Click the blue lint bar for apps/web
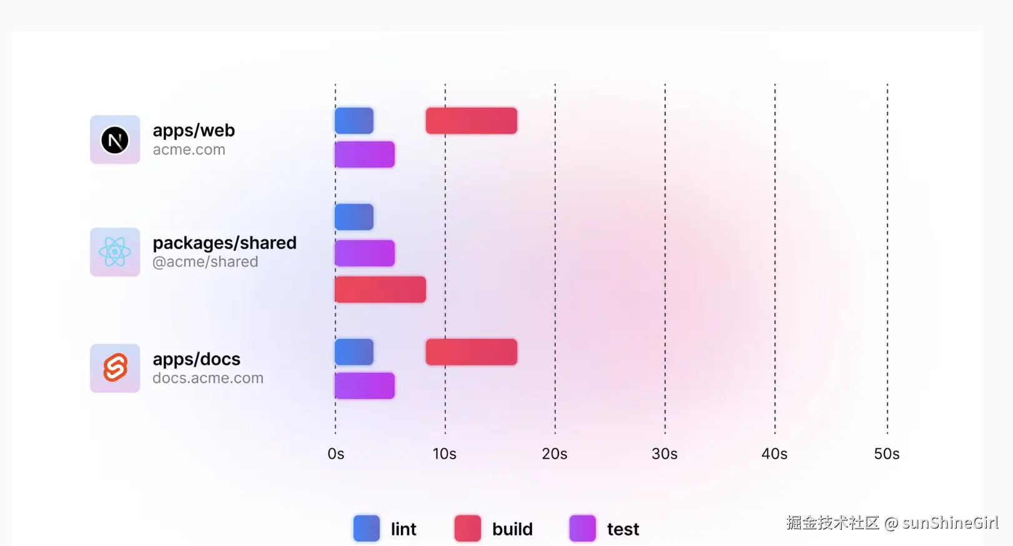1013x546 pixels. [354, 121]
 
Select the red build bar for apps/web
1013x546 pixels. [472, 121]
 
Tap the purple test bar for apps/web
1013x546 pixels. [365, 154]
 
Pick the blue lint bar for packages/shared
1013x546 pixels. [354, 217]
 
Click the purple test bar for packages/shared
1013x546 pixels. [365, 253]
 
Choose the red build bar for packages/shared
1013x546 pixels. [380, 289]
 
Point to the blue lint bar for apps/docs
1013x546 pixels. [354, 352]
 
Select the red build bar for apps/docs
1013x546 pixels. [472, 352]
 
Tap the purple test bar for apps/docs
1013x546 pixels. [365, 385]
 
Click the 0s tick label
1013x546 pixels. [336, 454]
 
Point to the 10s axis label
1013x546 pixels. [445, 454]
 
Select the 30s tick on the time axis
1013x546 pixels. [665, 454]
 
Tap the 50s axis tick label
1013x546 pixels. [887, 454]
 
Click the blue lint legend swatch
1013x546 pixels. [367, 529]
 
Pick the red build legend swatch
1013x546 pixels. [468, 529]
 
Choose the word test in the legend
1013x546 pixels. [623, 530]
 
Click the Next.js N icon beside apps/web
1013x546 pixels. [115, 140]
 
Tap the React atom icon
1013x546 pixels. [115, 252]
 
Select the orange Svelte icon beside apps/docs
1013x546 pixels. [115, 368]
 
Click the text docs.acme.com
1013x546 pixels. [208, 378]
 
